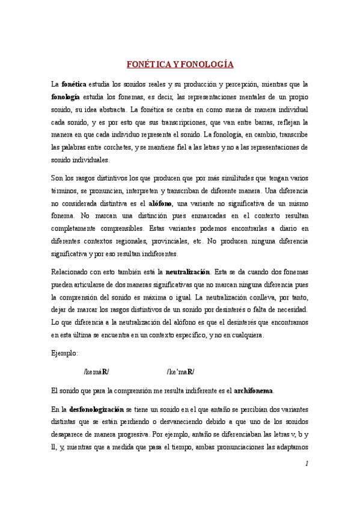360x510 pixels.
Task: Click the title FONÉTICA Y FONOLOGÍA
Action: (180, 64)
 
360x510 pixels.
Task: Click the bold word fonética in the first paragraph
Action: (74, 84)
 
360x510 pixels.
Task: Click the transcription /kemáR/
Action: (96, 372)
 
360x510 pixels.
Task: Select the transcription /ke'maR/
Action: (180, 372)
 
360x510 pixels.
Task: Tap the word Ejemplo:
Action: (65, 354)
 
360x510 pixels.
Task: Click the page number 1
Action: (307, 463)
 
